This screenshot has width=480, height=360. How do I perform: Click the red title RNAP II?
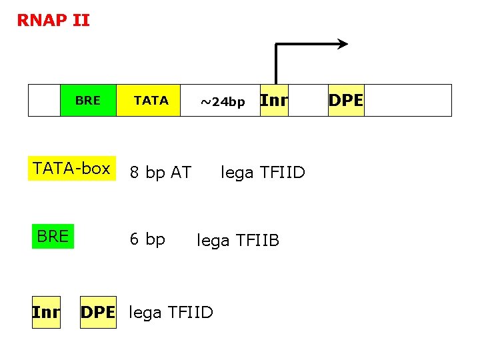[53, 21]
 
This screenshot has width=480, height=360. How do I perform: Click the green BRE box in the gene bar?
[88, 101]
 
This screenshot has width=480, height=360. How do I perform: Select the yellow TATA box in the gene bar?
[149, 101]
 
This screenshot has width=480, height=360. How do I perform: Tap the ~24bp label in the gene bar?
[223, 102]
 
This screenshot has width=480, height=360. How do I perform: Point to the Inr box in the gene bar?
[273, 101]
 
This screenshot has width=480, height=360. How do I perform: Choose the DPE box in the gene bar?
[346, 101]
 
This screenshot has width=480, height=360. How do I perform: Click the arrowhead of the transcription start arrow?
[343, 45]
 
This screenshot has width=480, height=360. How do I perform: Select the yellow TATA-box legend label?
[72, 169]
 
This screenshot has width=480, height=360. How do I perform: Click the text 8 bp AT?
[160, 173]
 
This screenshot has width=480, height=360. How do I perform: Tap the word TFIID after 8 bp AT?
[281, 173]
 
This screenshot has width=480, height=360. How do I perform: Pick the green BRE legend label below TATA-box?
[53, 237]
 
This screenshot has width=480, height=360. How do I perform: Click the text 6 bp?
[147, 239]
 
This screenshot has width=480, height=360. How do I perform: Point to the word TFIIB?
[256, 241]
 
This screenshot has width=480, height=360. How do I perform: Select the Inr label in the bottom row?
[46, 312]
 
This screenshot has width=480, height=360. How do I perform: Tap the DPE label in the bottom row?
[97, 312]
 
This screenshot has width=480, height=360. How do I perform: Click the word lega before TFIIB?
[213, 241]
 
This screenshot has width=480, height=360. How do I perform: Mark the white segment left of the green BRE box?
[44, 101]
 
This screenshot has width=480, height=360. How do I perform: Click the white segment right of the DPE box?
[407, 101]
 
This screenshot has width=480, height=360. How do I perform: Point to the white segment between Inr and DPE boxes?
[308, 101]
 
